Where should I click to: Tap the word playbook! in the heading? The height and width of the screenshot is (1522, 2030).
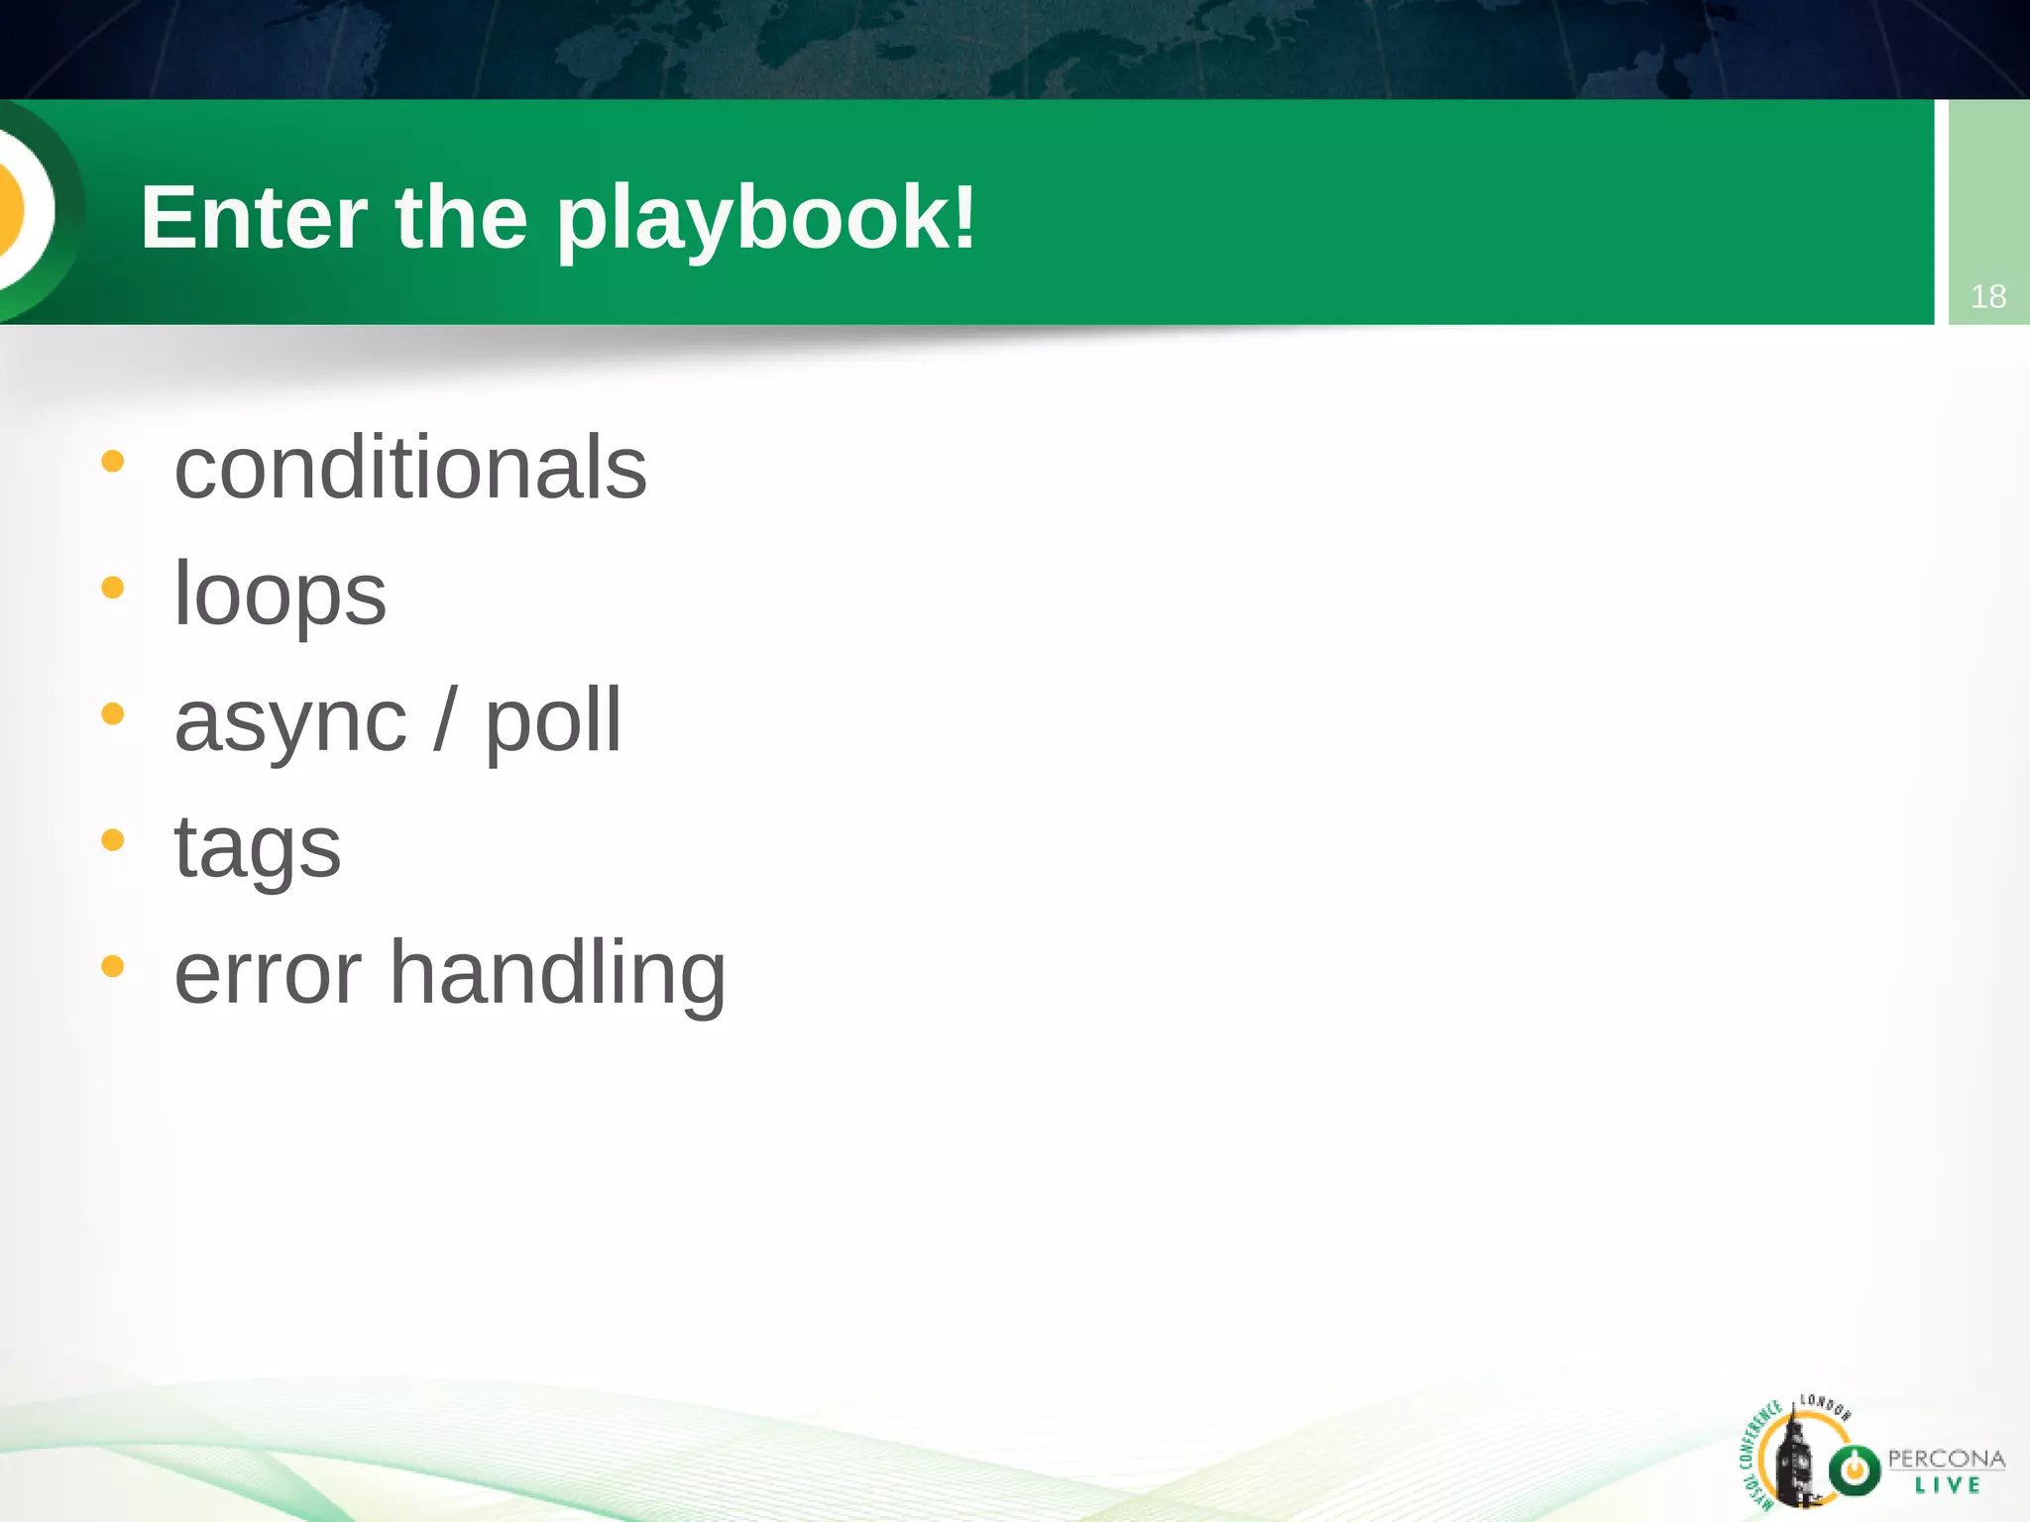pos(766,220)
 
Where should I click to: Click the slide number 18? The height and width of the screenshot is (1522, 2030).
pos(1987,296)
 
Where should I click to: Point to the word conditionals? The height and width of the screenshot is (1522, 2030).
pos(410,468)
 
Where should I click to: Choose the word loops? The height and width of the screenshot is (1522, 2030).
pos(280,595)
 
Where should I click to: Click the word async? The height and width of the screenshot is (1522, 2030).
pos(290,722)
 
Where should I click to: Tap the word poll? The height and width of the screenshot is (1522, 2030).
pos(552,722)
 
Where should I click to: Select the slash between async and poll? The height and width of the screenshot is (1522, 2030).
pos(445,720)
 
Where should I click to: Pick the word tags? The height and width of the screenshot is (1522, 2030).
pos(258,848)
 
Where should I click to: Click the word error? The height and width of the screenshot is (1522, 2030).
pos(268,973)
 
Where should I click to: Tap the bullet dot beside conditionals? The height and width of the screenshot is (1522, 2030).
pos(113,461)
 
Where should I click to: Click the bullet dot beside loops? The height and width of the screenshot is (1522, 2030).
pos(113,588)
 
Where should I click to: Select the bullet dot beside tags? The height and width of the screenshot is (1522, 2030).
pos(113,840)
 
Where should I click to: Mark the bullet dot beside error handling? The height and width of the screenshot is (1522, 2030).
pos(113,966)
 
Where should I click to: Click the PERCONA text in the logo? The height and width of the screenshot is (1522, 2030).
pos(1946,1459)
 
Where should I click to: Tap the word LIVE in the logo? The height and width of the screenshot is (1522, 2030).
pos(1948,1485)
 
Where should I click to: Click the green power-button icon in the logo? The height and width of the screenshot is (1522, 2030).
pos(1854,1470)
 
